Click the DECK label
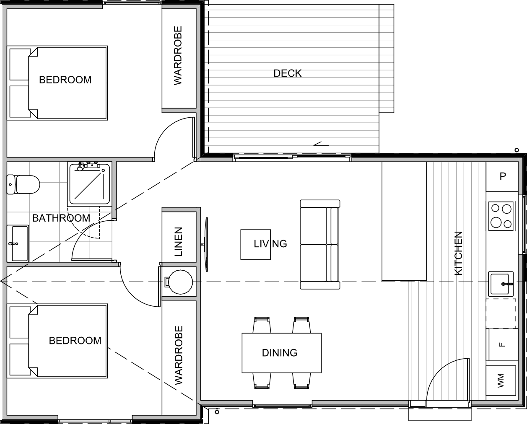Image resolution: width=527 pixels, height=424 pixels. pyautogui.click(x=287, y=73)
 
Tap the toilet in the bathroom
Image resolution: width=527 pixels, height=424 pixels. pyautogui.click(x=23, y=185)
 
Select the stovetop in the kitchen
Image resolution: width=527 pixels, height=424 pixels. pyautogui.click(x=501, y=216)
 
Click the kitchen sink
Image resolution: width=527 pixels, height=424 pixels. pyautogui.click(x=501, y=284)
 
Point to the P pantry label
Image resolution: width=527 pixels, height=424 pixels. pyautogui.click(x=503, y=176)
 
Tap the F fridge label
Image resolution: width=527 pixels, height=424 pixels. pyautogui.click(x=502, y=345)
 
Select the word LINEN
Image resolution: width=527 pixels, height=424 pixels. pyautogui.click(x=179, y=242)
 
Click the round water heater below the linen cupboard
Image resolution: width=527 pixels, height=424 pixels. pyautogui.click(x=180, y=282)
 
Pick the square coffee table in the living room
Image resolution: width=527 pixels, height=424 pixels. pyautogui.click(x=255, y=244)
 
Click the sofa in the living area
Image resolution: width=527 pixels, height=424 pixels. pyautogui.click(x=320, y=245)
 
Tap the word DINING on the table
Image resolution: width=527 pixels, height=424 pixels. pyautogui.click(x=280, y=353)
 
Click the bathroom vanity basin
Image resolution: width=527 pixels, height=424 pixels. pyautogui.click(x=18, y=243)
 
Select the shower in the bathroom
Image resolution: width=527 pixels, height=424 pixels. pyautogui.click(x=90, y=184)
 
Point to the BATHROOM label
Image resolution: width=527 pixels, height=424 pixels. pyautogui.click(x=61, y=218)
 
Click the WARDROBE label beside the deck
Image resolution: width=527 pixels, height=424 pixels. pyautogui.click(x=178, y=56)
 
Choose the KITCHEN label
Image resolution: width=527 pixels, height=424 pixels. pyautogui.click(x=458, y=253)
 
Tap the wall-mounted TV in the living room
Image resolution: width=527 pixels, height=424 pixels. pyautogui.click(x=206, y=244)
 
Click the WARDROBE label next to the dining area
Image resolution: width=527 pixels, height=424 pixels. pyautogui.click(x=179, y=355)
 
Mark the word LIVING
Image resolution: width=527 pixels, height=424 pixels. pyautogui.click(x=270, y=244)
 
